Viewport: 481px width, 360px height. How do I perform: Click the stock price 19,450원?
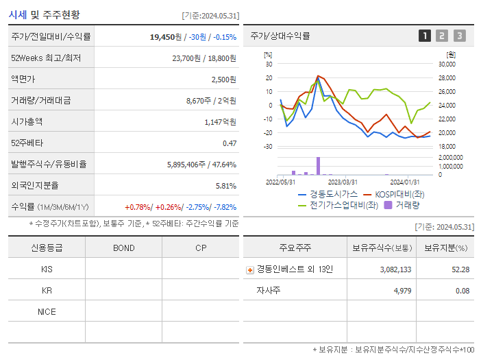click(166, 37)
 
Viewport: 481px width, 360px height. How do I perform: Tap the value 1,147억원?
click(220, 121)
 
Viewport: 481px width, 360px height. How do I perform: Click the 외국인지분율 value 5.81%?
click(225, 185)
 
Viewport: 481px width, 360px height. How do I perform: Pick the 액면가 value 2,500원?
click(223, 80)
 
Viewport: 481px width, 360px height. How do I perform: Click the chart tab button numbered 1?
click(425, 36)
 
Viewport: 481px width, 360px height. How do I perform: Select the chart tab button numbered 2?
click(442, 36)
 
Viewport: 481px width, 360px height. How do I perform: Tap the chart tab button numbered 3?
click(459, 36)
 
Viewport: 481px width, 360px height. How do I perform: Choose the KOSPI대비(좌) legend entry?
click(394, 194)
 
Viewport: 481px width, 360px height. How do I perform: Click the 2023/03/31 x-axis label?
click(343, 182)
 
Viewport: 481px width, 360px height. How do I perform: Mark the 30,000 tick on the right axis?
click(446, 64)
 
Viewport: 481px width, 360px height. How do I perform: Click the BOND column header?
click(123, 248)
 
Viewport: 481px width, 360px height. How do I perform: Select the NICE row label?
click(47, 311)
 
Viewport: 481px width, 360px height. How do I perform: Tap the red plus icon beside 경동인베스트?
click(249, 269)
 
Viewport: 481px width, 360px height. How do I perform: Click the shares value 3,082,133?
click(395, 269)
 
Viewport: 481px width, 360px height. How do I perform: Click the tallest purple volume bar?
click(318, 166)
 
